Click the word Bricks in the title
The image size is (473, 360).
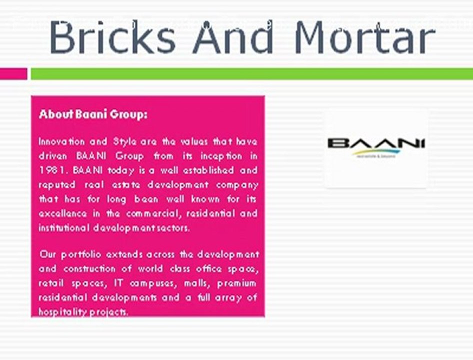point(112,37)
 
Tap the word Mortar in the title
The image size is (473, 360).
point(364,38)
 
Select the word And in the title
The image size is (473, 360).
point(233,37)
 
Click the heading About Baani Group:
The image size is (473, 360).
point(93,114)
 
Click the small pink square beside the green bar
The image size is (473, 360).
point(13,73)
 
